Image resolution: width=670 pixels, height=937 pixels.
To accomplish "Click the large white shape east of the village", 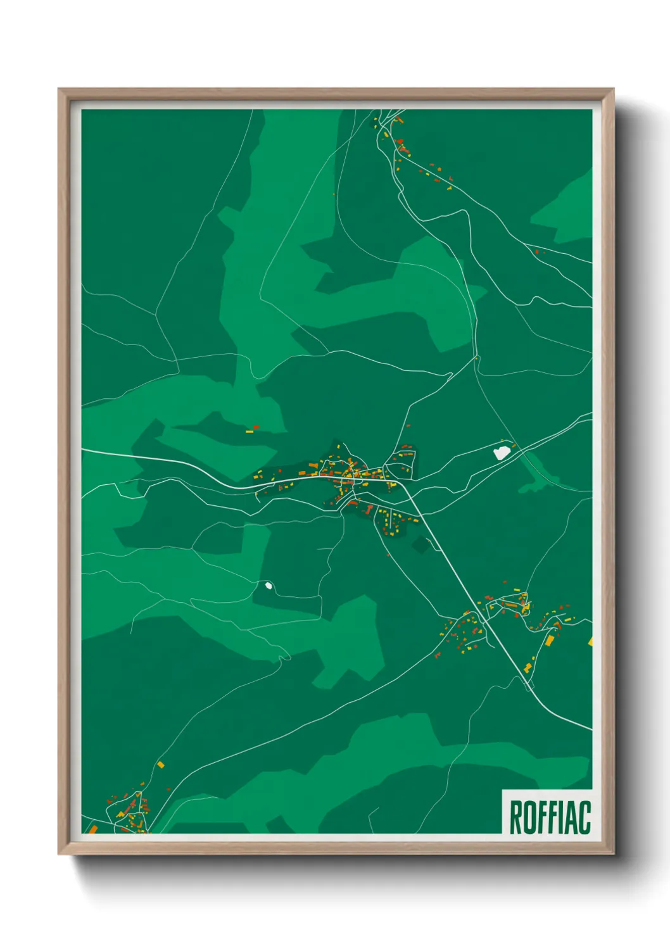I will tap(501, 452).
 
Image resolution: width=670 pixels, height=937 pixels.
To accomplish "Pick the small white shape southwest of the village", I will tap(269, 586).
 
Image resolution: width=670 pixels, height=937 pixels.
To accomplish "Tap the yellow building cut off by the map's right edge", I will tap(590, 641).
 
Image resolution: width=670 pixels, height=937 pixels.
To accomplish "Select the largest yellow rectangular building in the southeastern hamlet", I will tap(550, 640).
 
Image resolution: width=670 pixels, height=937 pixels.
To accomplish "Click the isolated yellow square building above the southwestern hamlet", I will tap(161, 764).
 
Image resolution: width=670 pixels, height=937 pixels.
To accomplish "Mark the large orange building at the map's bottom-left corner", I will tap(92, 828).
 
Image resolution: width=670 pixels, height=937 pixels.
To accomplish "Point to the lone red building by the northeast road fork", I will tap(537, 252).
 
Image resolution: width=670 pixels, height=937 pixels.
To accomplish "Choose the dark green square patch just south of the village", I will tap(420, 544).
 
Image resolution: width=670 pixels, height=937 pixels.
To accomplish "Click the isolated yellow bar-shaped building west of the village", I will tap(250, 432).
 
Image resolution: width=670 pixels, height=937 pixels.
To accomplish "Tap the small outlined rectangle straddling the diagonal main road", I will tap(529, 685).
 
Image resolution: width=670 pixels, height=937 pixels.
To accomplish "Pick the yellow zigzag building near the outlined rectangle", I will tap(528, 667).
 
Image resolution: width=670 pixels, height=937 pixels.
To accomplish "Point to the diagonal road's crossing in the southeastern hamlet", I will tap(484, 624).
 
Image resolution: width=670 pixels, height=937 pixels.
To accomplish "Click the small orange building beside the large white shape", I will tap(514, 446).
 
